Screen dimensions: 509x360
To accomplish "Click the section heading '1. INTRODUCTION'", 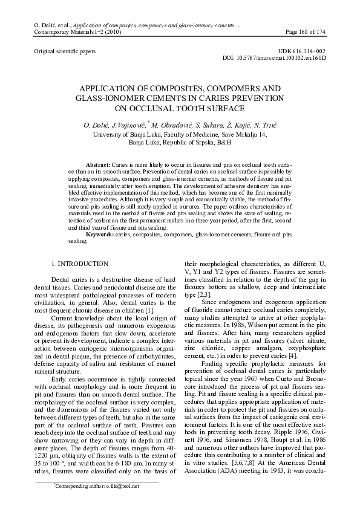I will click(x=80, y=264).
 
